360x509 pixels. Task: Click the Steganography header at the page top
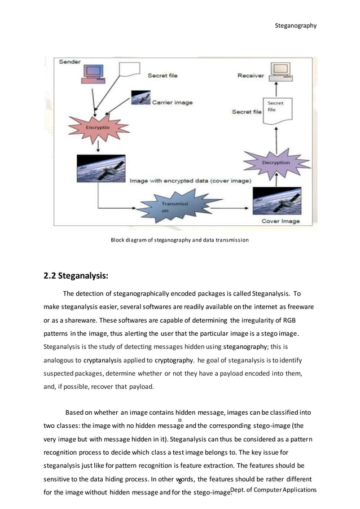295,25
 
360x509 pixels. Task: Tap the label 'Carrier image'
172,103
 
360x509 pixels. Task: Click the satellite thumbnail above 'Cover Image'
276,201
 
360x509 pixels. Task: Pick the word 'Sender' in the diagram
70,61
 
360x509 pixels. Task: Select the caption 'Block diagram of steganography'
179,240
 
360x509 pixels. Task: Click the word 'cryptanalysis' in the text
106,359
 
